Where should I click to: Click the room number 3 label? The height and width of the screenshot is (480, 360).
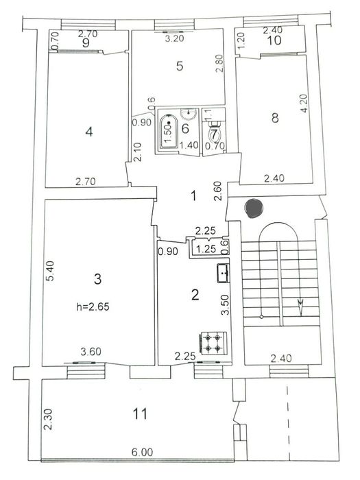(x=97, y=278)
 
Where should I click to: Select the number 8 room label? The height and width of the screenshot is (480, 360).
(x=275, y=118)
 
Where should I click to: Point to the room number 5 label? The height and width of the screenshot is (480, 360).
(x=179, y=67)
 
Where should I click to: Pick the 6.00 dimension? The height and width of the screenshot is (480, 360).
(x=142, y=453)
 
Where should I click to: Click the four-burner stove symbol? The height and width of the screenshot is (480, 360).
(x=211, y=343)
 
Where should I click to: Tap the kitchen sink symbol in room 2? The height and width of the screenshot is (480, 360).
(x=224, y=273)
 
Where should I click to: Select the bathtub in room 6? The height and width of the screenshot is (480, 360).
(x=169, y=132)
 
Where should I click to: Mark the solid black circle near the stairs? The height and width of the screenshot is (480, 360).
(x=253, y=207)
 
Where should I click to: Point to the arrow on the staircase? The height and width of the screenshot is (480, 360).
(x=299, y=302)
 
